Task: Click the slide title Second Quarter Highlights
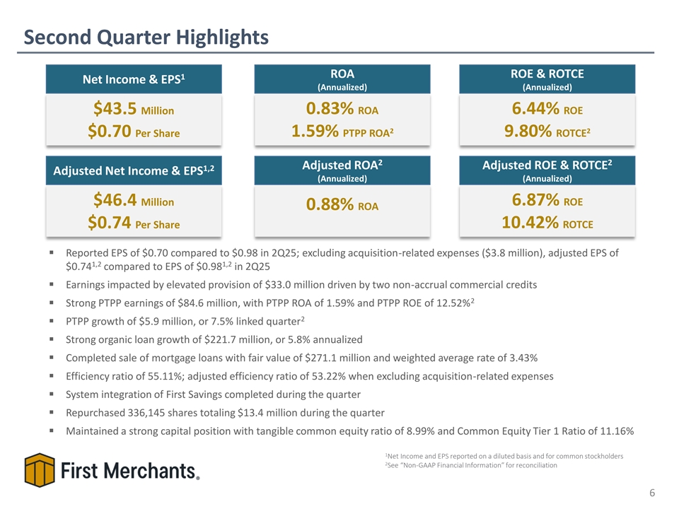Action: click(x=146, y=37)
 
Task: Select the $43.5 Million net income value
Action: click(x=134, y=109)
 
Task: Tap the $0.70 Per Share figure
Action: click(x=134, y=131)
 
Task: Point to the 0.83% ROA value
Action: click(x=342, y=109)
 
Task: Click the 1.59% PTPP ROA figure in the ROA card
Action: click(x=342, y=131)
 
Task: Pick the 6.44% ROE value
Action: click(x=547, y=109)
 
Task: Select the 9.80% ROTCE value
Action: click(x=547, y=131)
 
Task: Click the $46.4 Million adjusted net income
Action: click(x=134, y=200)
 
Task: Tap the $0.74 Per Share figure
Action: click(x=134, y=223)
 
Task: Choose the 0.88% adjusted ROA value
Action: click(x=342, y=204)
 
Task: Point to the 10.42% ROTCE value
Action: click(x=547, y=223)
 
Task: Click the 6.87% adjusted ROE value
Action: click(x=547, y=200)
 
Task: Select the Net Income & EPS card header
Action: click(x=134, y=79)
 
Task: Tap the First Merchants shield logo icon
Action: click(x=40, y=470)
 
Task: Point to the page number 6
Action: click(x=652, y=493)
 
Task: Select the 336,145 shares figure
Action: click(x=146, y=413)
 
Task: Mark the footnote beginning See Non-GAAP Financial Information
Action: click(x=471, y=465)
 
